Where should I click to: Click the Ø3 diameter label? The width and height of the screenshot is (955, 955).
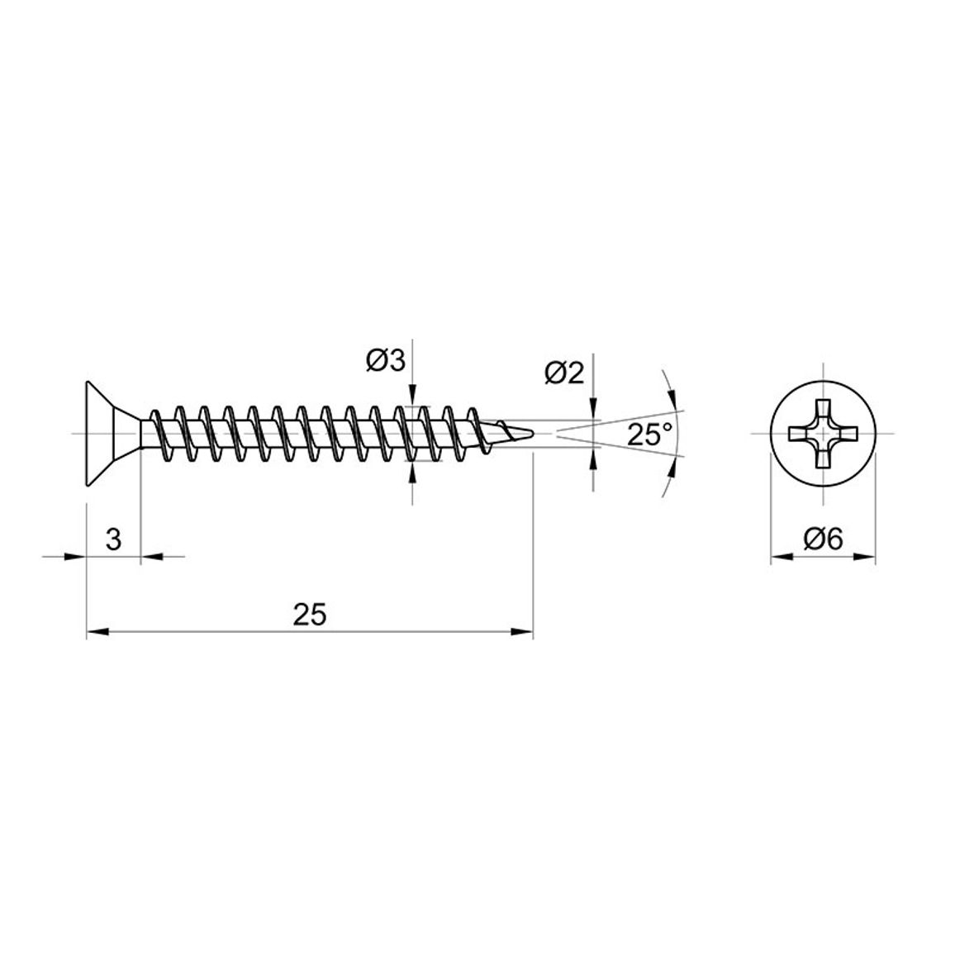[386, 361]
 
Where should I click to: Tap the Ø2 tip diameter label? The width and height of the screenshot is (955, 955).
[564, 373]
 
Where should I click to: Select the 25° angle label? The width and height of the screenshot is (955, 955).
[650, 435]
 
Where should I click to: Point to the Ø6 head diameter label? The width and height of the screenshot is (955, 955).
[824, 539]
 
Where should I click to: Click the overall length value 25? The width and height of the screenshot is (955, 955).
[310, 615]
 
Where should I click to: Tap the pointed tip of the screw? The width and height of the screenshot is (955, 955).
[534, 434]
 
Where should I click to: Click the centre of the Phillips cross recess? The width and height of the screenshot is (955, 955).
[824, 434]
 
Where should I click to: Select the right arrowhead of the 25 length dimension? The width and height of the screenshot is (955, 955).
[523, 632]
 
